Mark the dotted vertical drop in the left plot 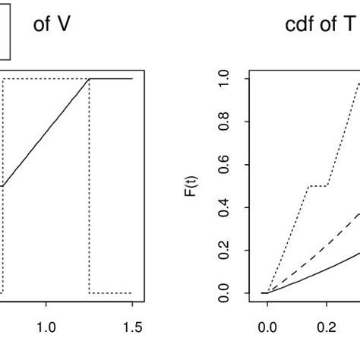coord(90,190)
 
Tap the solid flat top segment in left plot coord(111,78)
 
